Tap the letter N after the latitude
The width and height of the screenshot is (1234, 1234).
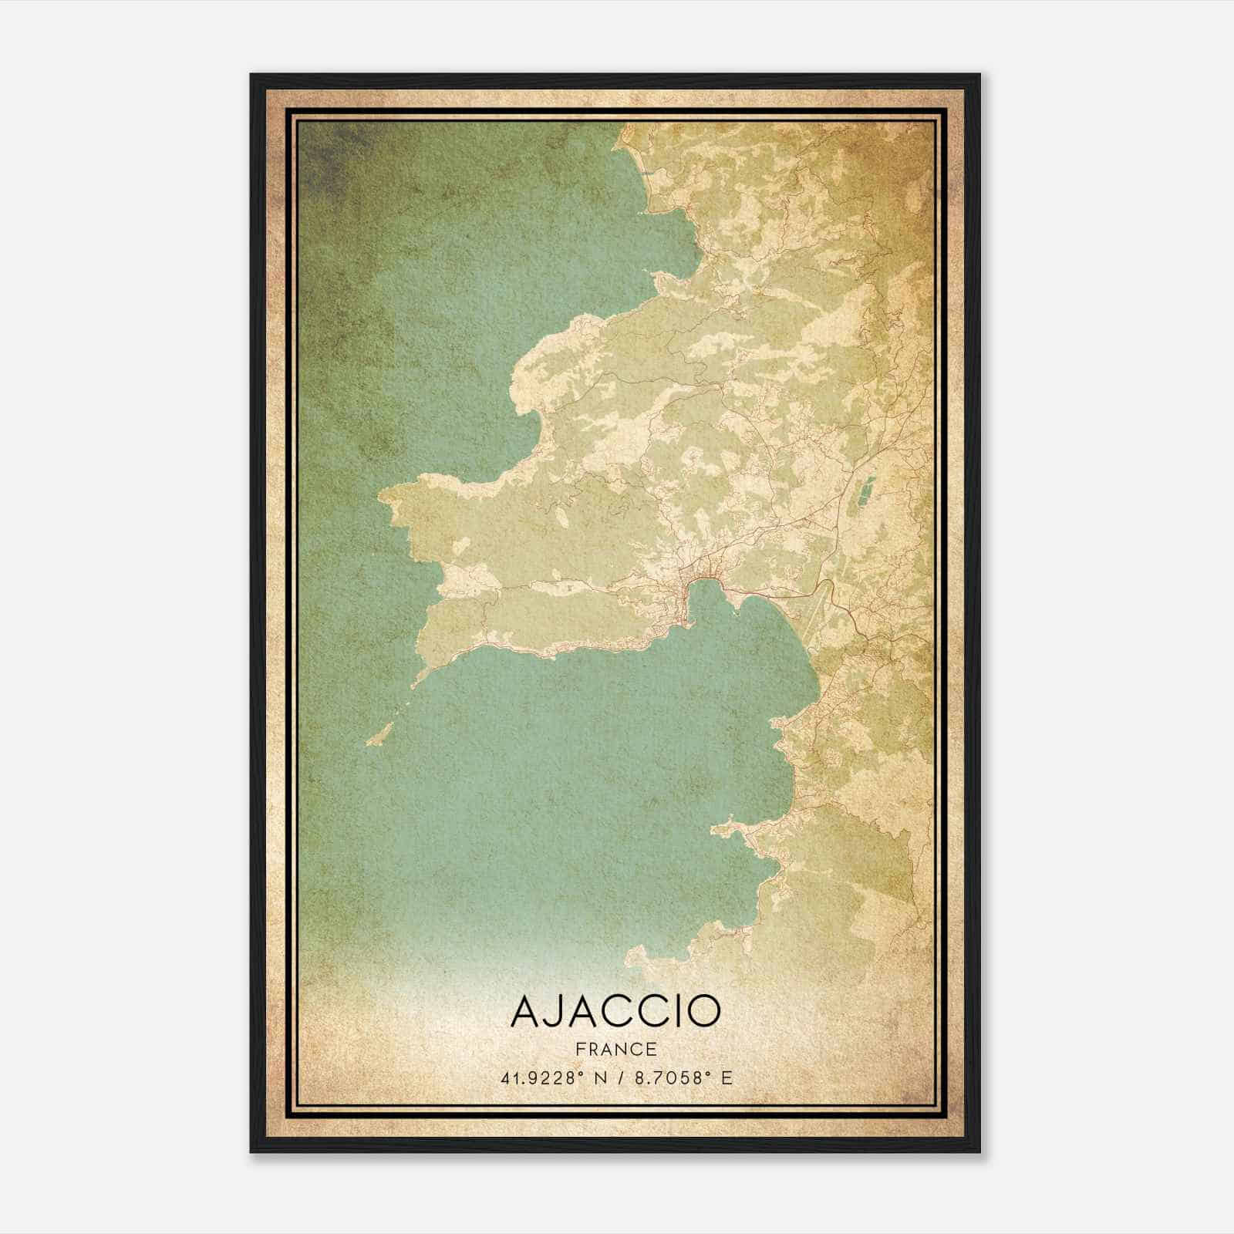(605, 1078)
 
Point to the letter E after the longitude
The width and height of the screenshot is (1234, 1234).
(726, 1078)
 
